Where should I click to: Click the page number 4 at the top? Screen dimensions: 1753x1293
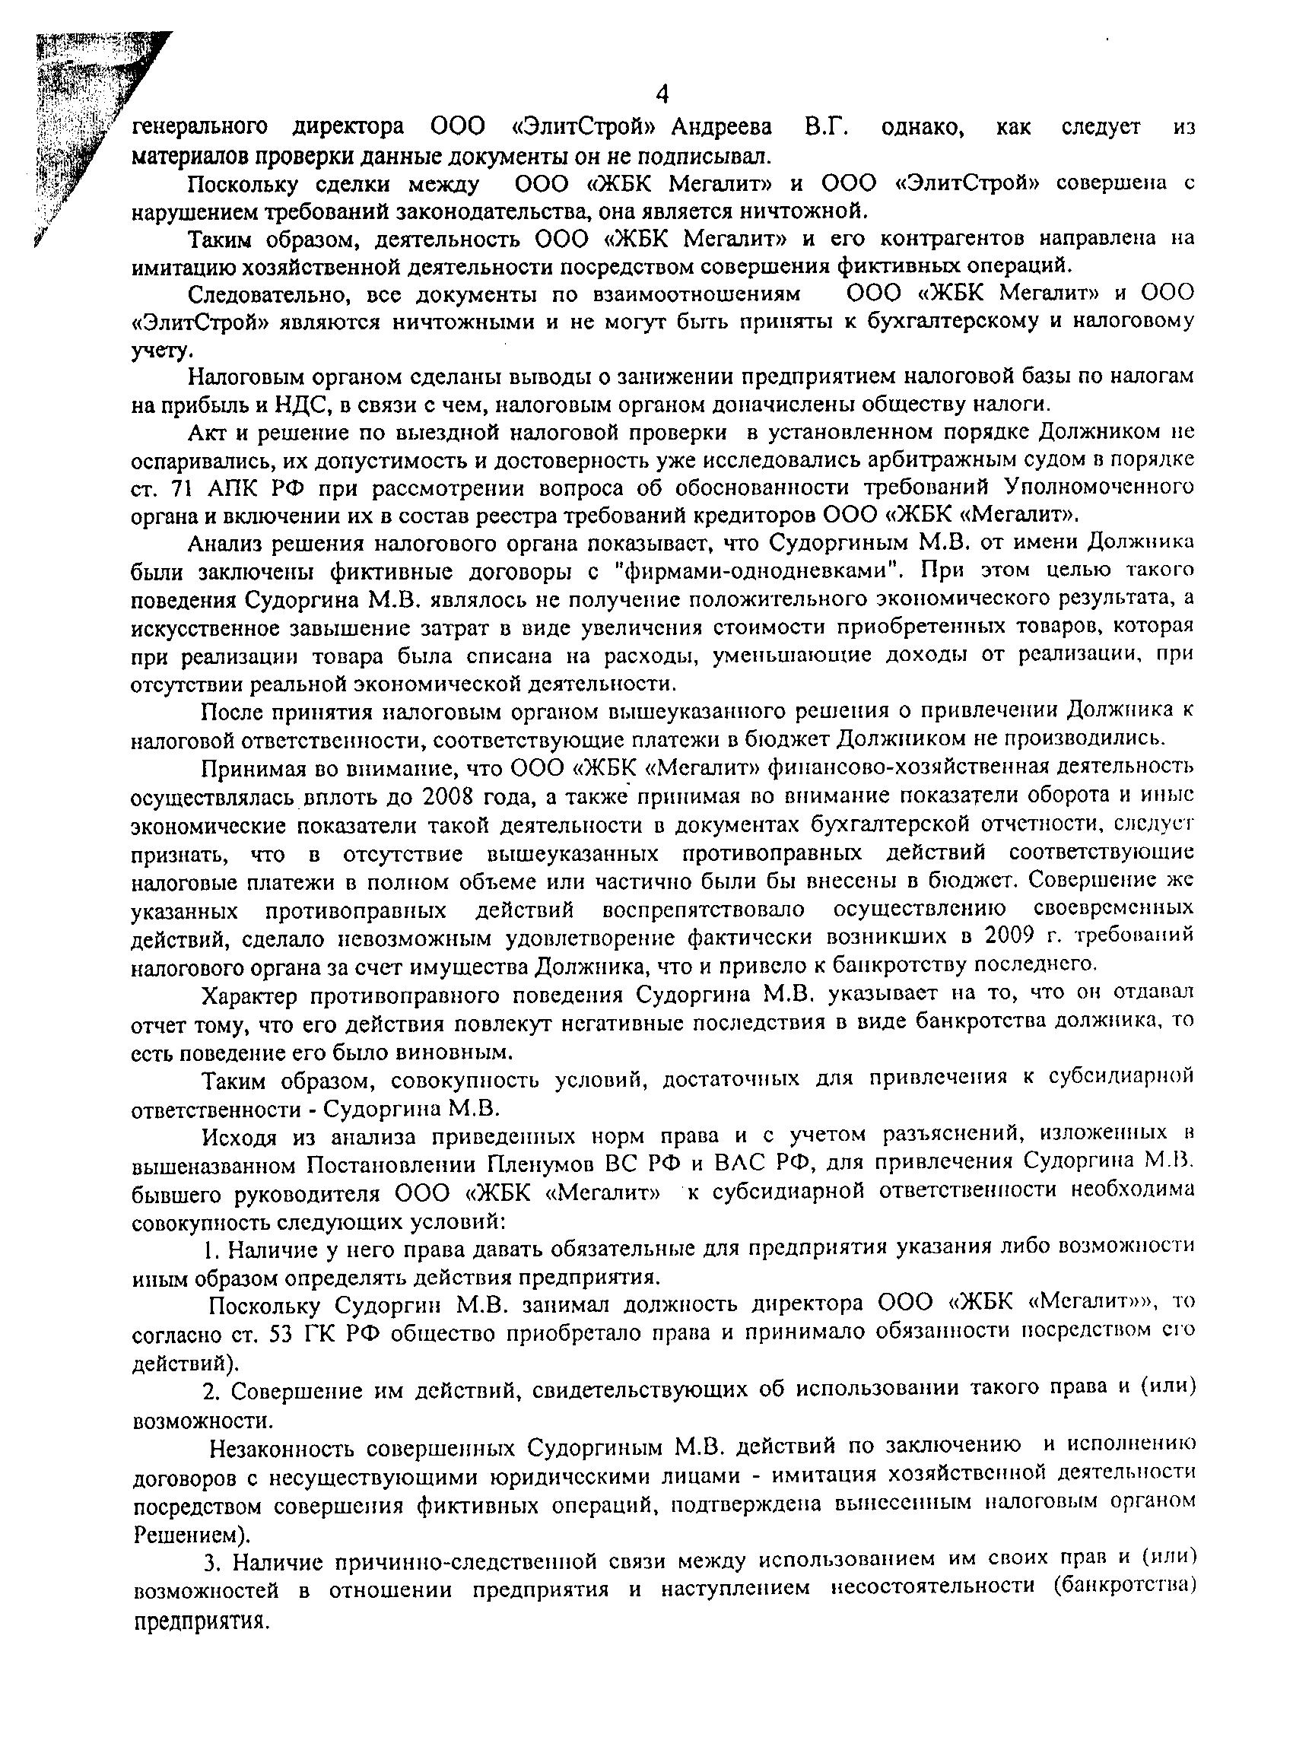coord(662,96)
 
